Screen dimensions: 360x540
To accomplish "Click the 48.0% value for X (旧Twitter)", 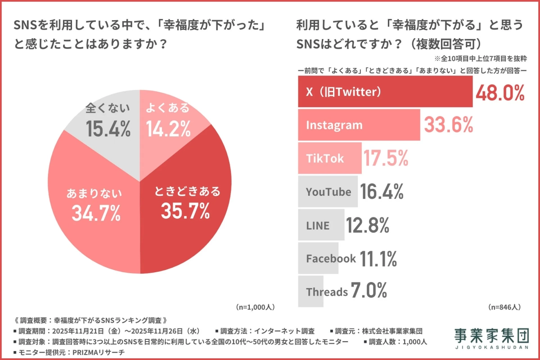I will tap(500, 92).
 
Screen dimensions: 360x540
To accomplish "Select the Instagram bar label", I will tap(334, 125).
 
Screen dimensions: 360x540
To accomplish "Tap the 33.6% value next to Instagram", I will tap(448, 125).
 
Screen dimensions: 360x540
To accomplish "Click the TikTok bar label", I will tap(325, 158).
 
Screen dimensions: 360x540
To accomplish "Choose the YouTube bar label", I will tap(328, 192).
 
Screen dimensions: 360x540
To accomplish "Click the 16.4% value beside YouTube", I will tap(382, 192).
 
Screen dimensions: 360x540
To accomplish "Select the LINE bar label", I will tap(318, 225).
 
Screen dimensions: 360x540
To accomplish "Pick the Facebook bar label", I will tap(331, 258).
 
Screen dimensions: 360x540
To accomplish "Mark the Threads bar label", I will tap(327, 292).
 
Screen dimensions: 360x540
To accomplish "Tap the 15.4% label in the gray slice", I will tap(108, 129).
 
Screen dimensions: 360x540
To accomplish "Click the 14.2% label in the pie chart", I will tap(168, 129).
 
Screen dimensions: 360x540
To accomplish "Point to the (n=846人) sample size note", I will tap(504, 307).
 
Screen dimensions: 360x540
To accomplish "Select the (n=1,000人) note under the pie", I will tap(255, 307).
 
